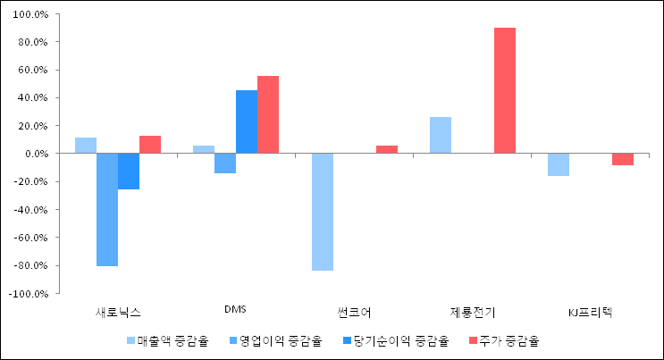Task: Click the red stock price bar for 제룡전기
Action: point(505,90)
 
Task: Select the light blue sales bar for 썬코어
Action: point(323,212)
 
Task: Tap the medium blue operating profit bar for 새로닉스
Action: point(107,210)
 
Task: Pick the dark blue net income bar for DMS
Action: point(247,121)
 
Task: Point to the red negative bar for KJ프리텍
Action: point(623,159)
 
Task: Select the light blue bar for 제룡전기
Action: point(441,135)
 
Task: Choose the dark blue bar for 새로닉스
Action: point(129,172)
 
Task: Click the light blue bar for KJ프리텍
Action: point(559,164)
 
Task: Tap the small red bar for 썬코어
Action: point(387,149)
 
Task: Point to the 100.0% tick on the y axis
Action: point(31,14)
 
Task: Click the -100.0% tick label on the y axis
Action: point(29,293)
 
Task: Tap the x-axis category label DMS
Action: point(236,310)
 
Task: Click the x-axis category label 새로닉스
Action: point(118,312)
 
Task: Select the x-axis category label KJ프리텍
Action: point(591,312)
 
